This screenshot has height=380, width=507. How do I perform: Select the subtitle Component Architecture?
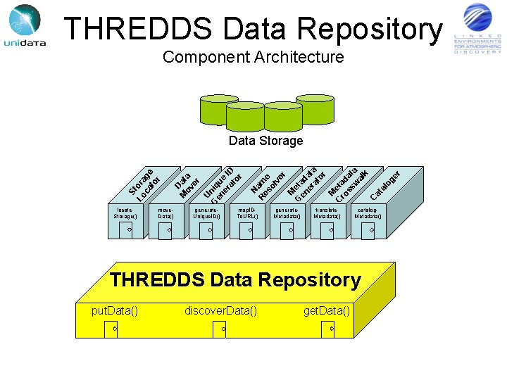pyautogui.click(x=253, y=57)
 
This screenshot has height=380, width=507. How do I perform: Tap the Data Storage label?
pyautogui.click(x=265, y=141)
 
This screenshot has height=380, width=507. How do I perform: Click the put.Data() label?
pyautogui.click(x=115, y=310)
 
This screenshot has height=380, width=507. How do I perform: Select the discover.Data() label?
pyautogui.click(x=220, y=310)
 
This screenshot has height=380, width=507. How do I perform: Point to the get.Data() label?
pyautogui.click(x=327, y=310)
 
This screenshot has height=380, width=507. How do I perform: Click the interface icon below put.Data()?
pyautogui.click(x=113, y=327)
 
